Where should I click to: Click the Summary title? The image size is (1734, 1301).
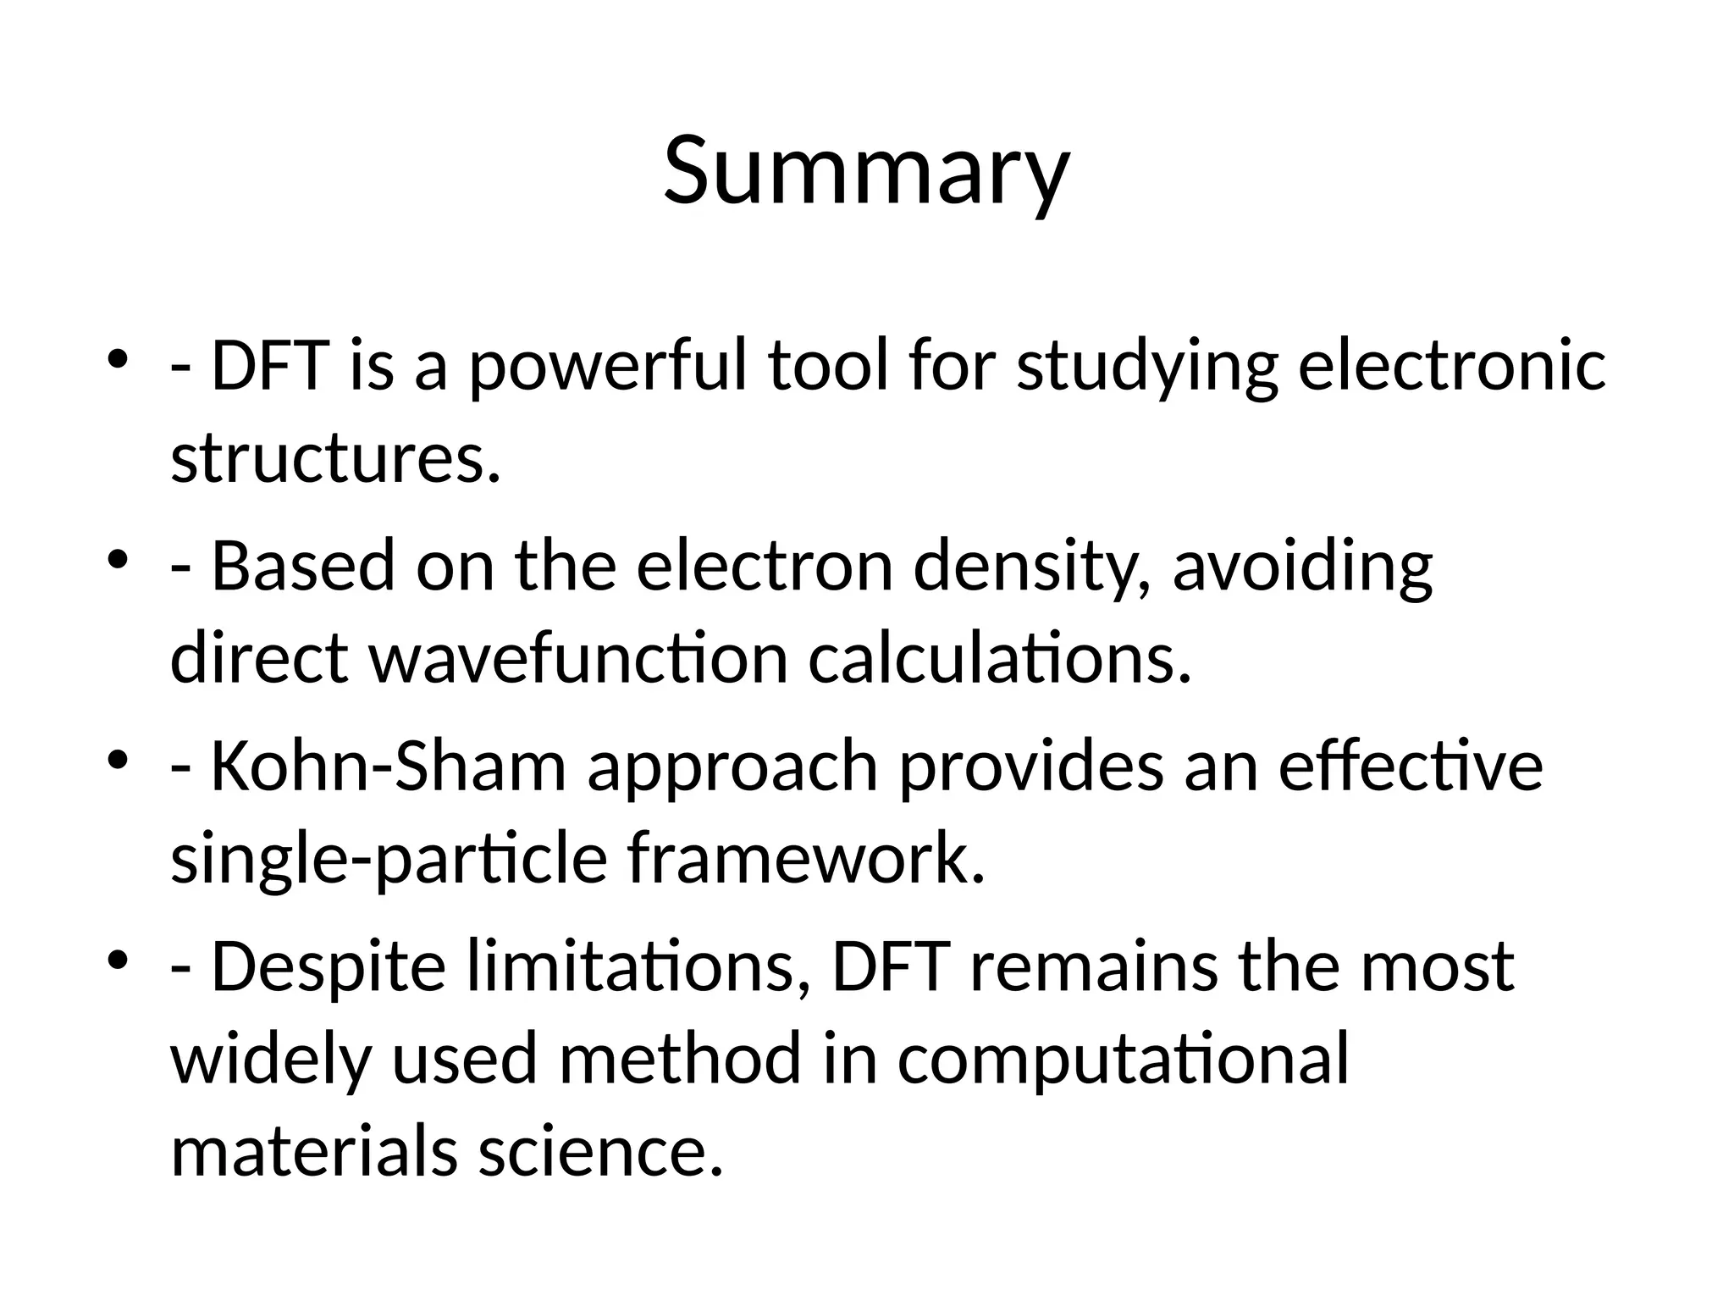pyautogui.click(x=866, y=171)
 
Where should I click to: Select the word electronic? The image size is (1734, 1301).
pyautogui.click(x=1451, y=366)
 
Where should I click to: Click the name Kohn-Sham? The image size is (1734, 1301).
pyautogui.click(x=388, y=766)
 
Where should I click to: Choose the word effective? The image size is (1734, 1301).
pyautogui.click(x=1411, y=766)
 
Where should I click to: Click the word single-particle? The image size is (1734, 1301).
pyautogui.click(x=389, y=861)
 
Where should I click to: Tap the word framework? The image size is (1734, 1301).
pyautogui.click(x=806, y=859)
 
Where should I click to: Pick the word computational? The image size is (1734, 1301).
pyautogui.click(x=1123, y=1060)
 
